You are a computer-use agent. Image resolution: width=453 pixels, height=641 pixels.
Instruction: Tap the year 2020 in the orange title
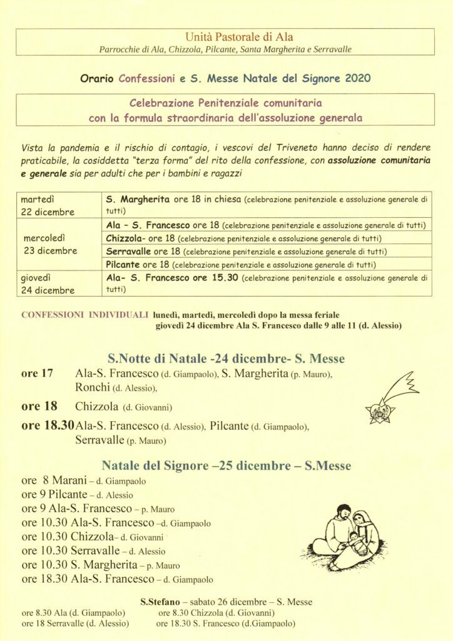[x=359, y=79]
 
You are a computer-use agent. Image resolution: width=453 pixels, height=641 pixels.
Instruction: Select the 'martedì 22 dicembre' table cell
[x=57, y=205]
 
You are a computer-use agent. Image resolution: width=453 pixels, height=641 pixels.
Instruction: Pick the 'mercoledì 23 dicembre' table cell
[x=57, y=244]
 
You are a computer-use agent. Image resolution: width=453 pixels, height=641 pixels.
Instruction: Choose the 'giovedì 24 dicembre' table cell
[x=57, y=283]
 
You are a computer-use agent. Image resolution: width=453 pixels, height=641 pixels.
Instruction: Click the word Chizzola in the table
[x=125, y=238]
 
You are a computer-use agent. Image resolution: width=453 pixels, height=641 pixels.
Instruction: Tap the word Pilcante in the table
[x=126, y=264]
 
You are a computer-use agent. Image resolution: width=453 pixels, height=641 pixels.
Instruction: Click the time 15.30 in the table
[x=223, y=277]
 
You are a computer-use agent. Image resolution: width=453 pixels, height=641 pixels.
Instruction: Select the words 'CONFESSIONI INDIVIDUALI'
[x=84, y=315]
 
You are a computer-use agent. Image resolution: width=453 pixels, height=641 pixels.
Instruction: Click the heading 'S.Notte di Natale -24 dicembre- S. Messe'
[x=227, y=359]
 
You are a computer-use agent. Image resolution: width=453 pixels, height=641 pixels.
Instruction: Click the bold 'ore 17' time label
[x=37, y=374]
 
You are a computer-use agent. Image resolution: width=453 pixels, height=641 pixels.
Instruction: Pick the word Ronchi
[x=93, y=388]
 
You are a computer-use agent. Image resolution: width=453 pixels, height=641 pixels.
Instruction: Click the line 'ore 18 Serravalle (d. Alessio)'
[x=75, y=623]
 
